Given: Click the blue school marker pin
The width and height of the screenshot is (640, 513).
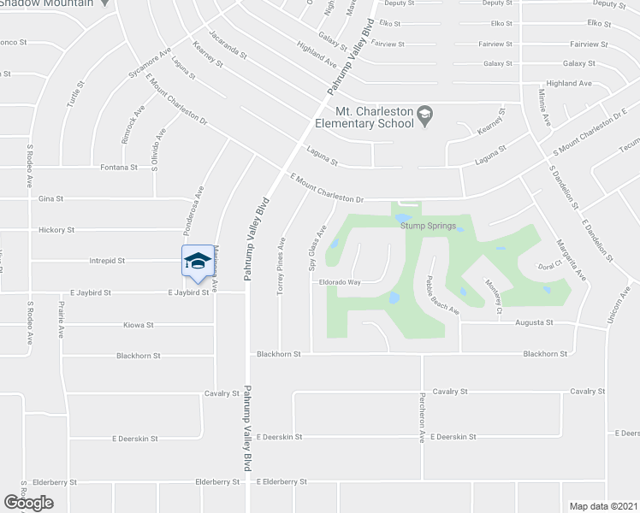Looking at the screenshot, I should click(x=198, y=261).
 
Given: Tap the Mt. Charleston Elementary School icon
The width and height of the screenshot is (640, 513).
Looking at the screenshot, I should click(x=424, y=113).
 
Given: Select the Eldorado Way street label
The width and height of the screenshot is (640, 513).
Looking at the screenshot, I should click(x=340, y=281).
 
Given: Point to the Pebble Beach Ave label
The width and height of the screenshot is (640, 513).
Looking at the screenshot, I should click(x=443, y=296).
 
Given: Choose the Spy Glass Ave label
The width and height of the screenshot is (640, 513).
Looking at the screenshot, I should click(x=317, y=248).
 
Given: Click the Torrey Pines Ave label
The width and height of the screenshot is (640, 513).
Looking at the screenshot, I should click(x=281, y=266).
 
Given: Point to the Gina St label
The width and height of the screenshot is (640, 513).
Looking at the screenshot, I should click(x=51, y=198).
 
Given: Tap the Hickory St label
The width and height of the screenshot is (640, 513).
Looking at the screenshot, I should click(x=57, y=230).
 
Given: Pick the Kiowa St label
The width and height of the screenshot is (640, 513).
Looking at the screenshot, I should click(x=138, y=325).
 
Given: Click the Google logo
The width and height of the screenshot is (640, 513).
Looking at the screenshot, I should click(x=27, y=503).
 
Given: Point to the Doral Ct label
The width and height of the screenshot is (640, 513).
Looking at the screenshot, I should click(x=547, y=267).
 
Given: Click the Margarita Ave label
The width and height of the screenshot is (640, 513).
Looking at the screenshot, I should click(x=572, y=261).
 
